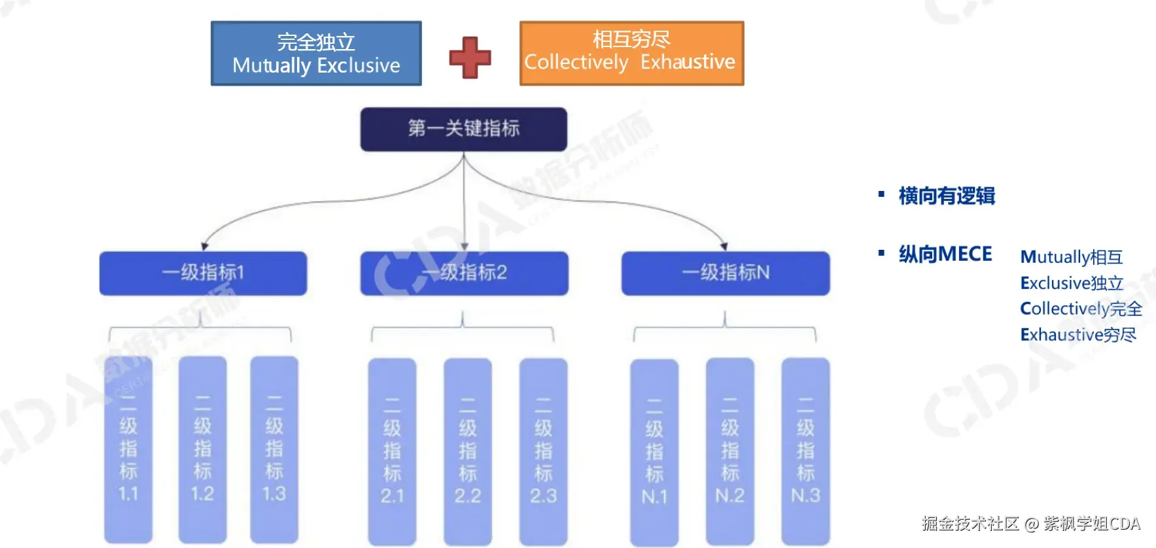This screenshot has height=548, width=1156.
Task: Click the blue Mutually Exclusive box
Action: (316, 54)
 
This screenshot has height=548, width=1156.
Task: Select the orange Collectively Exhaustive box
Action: (631, 53)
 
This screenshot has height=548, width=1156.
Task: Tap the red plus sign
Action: (470, 58)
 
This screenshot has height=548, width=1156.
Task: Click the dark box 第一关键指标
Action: (463, 129)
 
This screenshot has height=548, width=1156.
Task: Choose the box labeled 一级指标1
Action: (203, 273)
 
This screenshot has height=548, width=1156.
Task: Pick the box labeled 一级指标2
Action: (464, 273)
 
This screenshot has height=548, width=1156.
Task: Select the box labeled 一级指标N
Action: (725, 273)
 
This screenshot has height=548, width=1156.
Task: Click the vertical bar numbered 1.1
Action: (128, 450)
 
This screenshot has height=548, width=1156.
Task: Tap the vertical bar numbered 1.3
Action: (274, 450)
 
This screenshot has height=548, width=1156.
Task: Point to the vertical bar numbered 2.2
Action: (468, 451)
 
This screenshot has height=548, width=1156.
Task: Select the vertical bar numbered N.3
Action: (805, 451)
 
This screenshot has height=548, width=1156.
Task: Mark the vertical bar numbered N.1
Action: (654, 451)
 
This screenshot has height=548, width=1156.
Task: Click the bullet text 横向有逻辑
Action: (946, 196)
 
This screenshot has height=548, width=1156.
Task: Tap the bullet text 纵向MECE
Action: (945, 254)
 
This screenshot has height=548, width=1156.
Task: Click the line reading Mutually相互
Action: (1071, 257)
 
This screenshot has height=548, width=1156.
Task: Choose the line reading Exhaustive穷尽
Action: (1077, 335)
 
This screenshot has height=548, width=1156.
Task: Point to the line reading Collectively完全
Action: (1081, 309)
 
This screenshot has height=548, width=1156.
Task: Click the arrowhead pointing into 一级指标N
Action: (724, 247)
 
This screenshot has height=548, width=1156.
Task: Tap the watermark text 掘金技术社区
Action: (970, 524)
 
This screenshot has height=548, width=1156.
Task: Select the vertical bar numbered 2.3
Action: (543, 451)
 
